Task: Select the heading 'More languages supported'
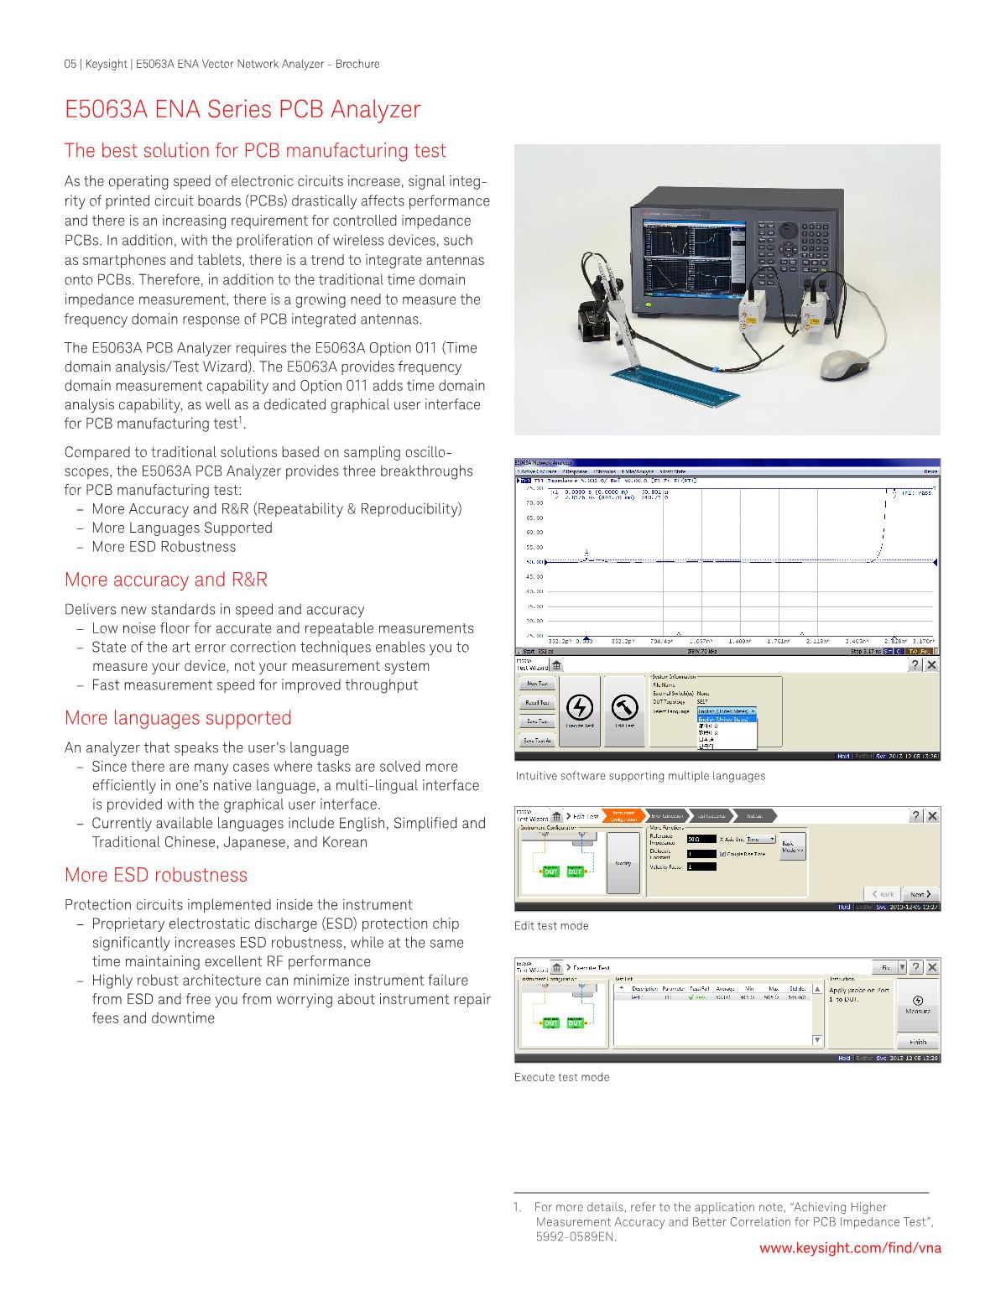[x=178, y=718]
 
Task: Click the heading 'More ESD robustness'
[x=156, y=875]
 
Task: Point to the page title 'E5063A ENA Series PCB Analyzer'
[x=242, y=110]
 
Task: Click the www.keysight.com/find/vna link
[x=850, y=1247]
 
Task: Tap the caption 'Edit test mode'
[x=551, y=926]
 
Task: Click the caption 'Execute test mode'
[x=561, y=1077]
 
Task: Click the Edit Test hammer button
[x=623, y=710]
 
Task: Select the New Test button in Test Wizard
[x=537, y=684]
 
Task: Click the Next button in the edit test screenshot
[x=920, y=894]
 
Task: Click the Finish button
[x=918, y=1042]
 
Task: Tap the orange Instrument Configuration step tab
[x=623, y=815]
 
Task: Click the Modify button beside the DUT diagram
[x=623, y=862]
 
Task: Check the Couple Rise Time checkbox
[x=723, y=854]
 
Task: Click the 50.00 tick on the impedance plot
[x=534, y=561]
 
